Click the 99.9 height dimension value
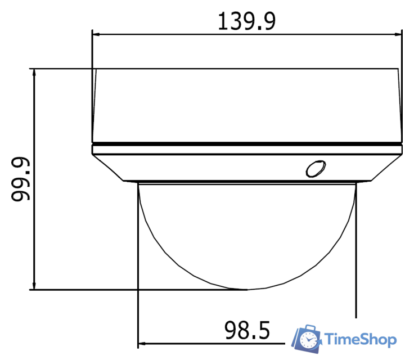coord(21,179)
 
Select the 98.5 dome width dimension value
coord(247,331)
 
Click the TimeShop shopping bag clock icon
coord(307,337)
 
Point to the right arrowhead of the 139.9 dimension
coord(400,34)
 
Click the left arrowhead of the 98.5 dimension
coord(141,341)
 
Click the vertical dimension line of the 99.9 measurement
coord(35,179)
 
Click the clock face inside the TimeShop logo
coord(308,340)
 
